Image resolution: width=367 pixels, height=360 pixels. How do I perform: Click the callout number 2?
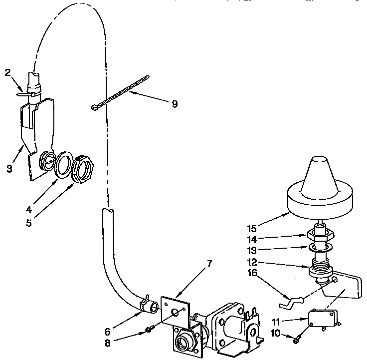tap(7, 72)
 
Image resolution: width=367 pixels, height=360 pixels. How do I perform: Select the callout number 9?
tap(174, 104)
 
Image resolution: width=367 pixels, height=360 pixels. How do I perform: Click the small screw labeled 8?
tap(149, 330)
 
